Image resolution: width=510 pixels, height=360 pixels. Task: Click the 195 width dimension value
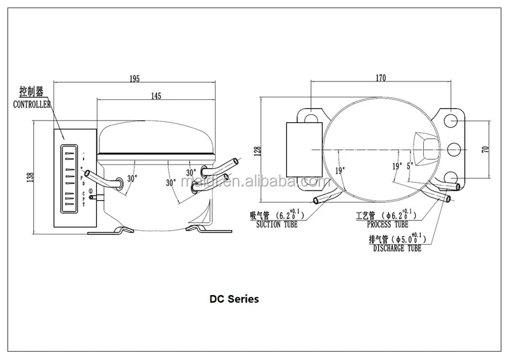(x=135, y=78)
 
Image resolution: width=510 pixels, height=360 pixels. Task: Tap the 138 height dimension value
(x=29, y=177)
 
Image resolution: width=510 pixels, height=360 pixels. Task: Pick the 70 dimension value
(x=485, y=150)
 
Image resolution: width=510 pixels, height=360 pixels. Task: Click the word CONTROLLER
(x=32, y=104)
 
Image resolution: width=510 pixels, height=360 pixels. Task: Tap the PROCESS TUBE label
(x=387, y=224)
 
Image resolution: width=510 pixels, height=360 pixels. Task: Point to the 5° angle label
(x=410, y=164)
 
